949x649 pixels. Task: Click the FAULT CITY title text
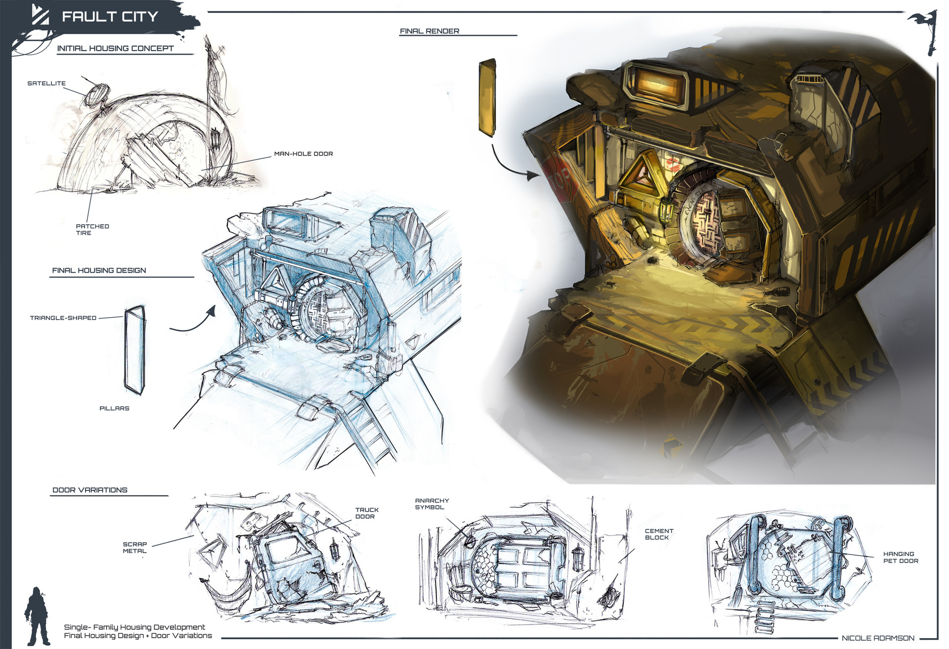pyautogui.click(x=109, y=17)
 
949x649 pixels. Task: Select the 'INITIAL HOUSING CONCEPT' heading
pyautogui.click(x=115, y=48)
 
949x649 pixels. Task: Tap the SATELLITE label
pyautogui.click(x=46, y=83)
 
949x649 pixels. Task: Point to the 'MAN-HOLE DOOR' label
pyautogui.click(x=303, y=154)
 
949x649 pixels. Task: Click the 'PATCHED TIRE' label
pyautogui.click(x=92, y=230)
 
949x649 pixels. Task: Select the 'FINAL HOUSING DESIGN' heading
pyautogui.click(x=99, y=271)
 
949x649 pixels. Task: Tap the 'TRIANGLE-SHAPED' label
pyautogui.click(x=63, y=318)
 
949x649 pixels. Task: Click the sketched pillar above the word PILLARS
pyautogui.click(x=134, y=350)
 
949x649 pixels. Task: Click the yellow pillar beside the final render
pyautogui.click(x=487, y=97)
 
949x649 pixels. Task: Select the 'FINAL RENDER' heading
pyautogui.click(x=430, y=31)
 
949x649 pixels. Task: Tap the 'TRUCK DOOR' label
pyautogui.click(x=367, y=513)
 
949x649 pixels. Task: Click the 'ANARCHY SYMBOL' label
pyautogui.click(x=431, y=504)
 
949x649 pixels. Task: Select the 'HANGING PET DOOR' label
pyautogui.click(x=900, y=557)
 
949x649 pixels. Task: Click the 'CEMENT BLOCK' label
pyautogui.click(x=658, y=534)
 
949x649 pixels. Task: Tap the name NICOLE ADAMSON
pyautogui.click(x=877, y=638)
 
